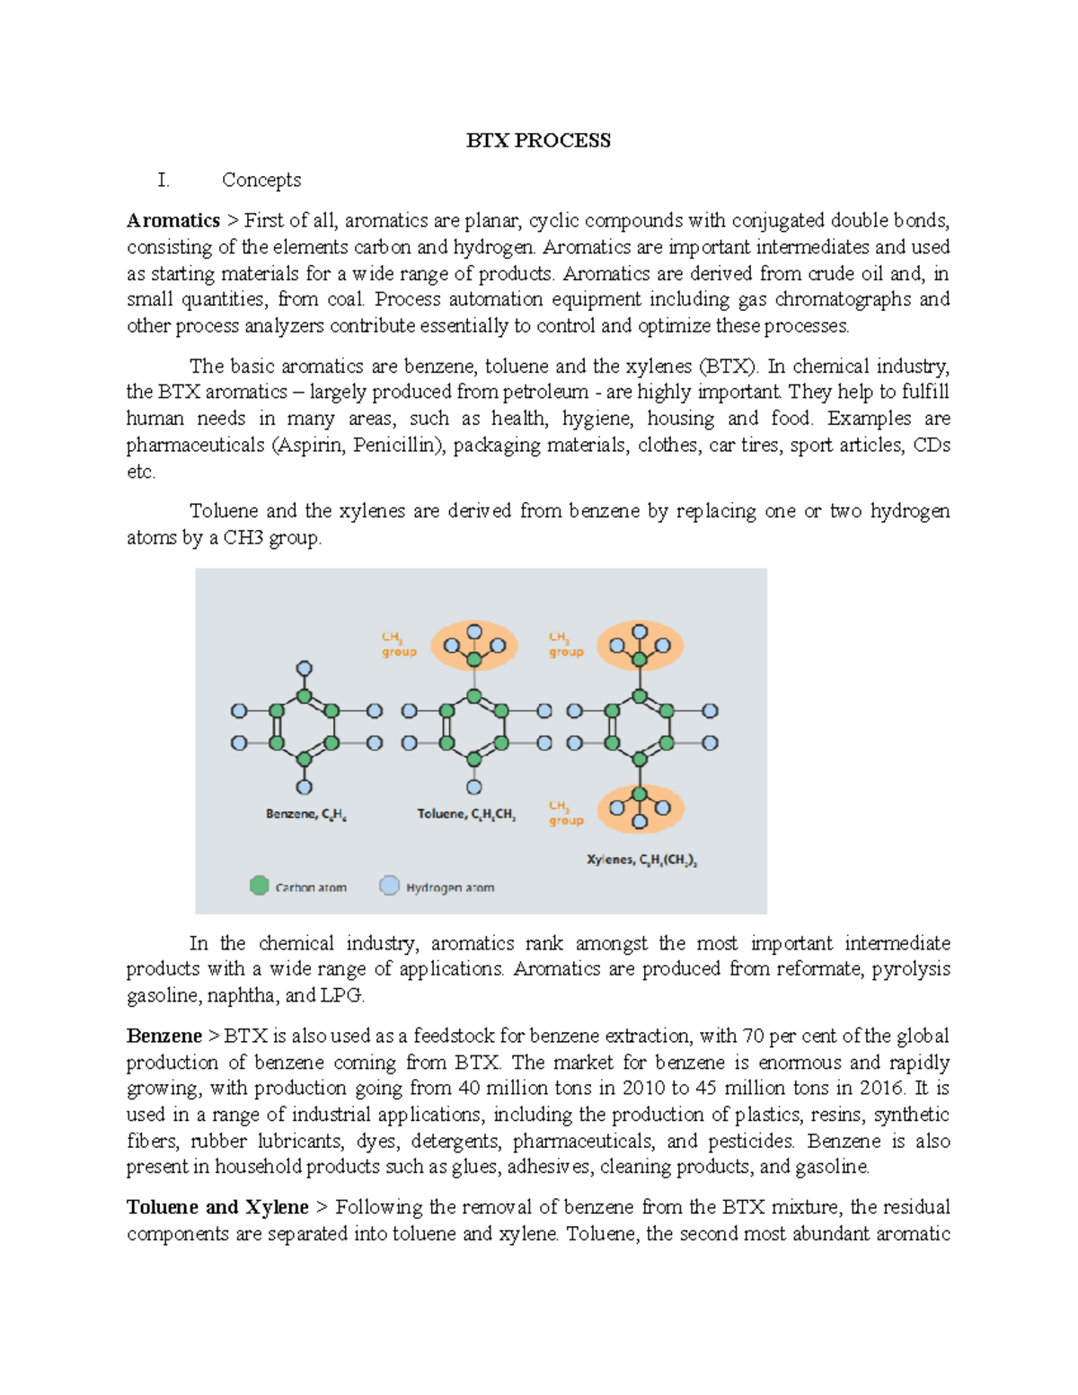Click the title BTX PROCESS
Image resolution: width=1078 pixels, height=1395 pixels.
point(538,140)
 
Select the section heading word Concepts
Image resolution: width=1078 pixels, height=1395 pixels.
point(261,180)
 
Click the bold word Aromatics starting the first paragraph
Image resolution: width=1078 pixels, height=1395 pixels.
point(173,220)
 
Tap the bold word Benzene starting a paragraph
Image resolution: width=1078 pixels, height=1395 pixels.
point(164,1036)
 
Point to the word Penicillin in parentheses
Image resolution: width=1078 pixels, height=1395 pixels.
point(395,445)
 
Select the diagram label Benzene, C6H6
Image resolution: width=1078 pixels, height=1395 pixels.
point(305,815)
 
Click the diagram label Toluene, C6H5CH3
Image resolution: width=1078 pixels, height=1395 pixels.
point(465,815)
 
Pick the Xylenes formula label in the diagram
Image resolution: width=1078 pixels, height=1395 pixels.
point(641,861)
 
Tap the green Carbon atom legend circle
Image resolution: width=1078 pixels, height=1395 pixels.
point(260,886)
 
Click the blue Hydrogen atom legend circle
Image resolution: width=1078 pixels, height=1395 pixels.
point(389,886)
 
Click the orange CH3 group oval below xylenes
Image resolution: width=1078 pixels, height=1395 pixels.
point(640,808)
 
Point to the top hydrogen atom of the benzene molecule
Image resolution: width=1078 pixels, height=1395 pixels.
point(305,668)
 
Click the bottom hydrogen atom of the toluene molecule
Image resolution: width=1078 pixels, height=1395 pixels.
point(474,787)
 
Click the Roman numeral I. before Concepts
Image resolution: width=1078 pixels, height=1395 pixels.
point(163,180)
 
